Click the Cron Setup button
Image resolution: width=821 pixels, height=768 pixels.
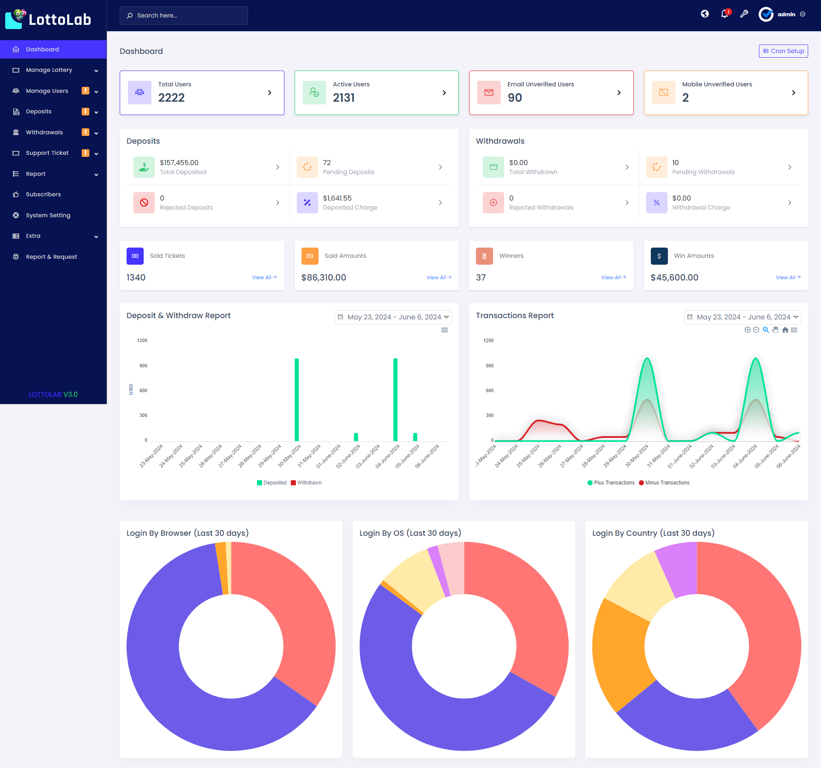pyautogui.click(x=783, y=51)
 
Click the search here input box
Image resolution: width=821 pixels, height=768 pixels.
pyautogui.click(x=184, y=15)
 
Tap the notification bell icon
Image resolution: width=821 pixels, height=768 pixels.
pyautogui.click(x=724, y=14)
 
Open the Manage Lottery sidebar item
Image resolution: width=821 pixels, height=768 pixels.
pyautogui.click(x=49, y=70)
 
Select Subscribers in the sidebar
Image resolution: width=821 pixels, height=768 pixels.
pyautogui.click(x=43, y=195)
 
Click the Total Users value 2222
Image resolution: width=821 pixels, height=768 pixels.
pyautogui.click(x=171, y=98)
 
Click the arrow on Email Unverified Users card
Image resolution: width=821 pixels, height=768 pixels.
pyautogui.click(x=619, y=93)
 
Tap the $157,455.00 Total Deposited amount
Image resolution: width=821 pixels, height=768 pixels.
pyautogui.click(x=179, y=162)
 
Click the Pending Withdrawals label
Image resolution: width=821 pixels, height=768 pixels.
pyautogui.click(x=703, y=172)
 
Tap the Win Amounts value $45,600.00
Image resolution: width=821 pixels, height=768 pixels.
pyautogui.click(x=674, y=278)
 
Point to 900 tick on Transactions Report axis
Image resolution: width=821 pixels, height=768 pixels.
pyautogui.click(x=490, y=366)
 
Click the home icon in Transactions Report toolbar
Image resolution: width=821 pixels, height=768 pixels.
pyautogui.click(x=785, y=330)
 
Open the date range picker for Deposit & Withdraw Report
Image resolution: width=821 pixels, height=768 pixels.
pyautogui.click(x=393, y=317)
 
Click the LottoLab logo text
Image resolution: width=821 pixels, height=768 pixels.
pyautogui.click(x=60, y=20)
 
